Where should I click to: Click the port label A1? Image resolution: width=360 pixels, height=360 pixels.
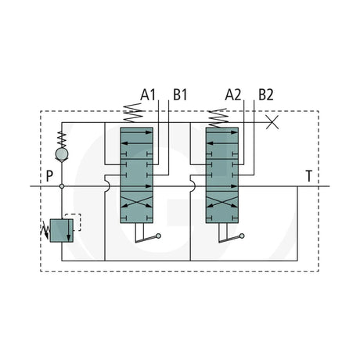148,95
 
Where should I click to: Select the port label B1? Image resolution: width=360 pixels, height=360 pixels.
180,95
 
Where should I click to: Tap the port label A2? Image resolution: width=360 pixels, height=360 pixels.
233,95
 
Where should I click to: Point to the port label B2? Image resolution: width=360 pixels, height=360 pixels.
266,95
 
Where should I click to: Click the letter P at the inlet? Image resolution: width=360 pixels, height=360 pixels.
49,176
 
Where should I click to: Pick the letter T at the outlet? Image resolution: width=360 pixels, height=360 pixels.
309,176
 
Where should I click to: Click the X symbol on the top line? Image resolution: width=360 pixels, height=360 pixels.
272,122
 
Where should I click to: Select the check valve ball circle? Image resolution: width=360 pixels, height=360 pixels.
62,153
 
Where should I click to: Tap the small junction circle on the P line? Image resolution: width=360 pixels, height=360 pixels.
62,186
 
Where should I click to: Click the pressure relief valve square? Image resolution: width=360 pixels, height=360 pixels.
62,231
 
